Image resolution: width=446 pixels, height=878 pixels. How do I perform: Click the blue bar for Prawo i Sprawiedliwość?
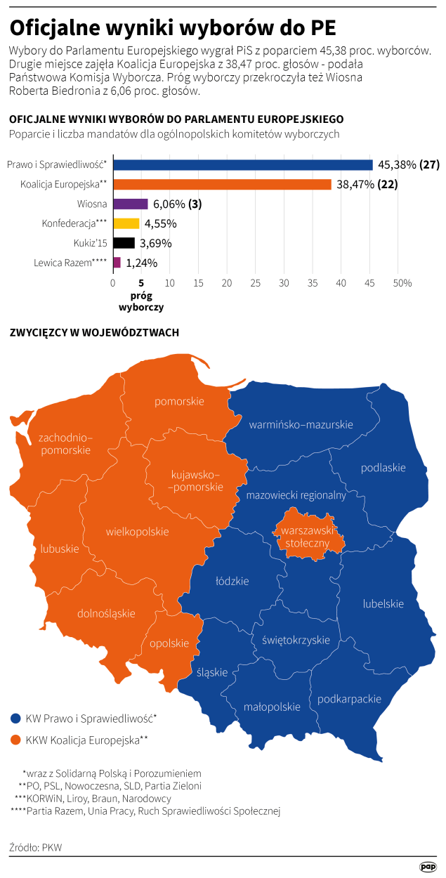point(242,165)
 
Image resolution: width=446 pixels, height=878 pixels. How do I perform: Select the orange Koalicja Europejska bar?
point(222,185)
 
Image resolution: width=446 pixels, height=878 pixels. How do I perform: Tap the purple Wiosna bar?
point(130,204)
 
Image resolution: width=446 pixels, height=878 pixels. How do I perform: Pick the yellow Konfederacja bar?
point(126,223)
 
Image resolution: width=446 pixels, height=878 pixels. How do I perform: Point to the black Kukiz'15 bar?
point(124,243)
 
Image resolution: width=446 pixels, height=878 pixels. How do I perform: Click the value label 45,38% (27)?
point(408,165)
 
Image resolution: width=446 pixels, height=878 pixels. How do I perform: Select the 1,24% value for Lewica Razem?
point(142,263)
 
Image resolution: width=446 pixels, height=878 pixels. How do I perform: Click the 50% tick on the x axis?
point(401,283)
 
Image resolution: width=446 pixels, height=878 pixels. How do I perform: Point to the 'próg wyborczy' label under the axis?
point(142,301)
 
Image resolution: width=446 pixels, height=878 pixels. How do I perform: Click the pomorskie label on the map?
point(179,401)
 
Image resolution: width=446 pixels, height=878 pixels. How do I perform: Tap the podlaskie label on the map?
point(383,468)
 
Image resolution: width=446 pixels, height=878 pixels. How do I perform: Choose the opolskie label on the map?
point(169,643)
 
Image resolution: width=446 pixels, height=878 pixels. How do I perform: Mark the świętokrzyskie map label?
point(296,640)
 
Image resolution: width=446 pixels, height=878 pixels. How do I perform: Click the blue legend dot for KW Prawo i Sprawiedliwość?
point(15,719)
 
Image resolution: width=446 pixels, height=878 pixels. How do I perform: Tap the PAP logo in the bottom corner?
point(428,867)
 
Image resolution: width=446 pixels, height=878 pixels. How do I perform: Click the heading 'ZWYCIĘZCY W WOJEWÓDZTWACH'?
point(94,332)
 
